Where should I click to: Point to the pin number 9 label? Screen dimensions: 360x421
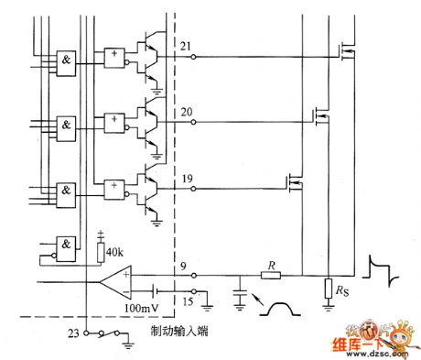pyautogui.click(x=184, y=267)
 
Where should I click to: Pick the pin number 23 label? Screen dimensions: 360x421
pyautogui.click(x=72, y=334)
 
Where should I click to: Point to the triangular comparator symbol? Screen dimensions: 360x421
pyautogui.click(x=116, y=278)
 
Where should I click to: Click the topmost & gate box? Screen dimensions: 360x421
pyautogui.click(x=67, y=59)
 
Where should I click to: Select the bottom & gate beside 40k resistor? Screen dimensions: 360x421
pyautogui.click(x=67, y=245)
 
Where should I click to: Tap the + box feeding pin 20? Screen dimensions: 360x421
pyautogui.click(x=114, y=120)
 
